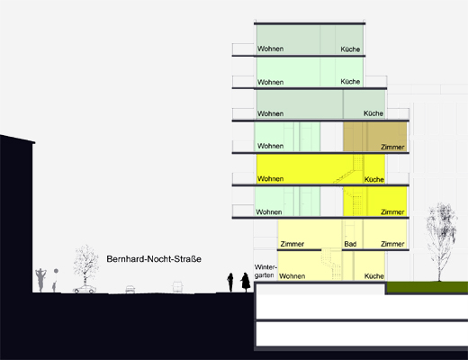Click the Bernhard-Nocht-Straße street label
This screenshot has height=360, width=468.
click(154, 259)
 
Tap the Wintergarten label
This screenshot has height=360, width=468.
click(265, 271)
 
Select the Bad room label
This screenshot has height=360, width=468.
click(350, 244)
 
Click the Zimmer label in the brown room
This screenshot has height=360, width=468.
click(392, 147)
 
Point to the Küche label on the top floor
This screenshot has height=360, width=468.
click(350, 49)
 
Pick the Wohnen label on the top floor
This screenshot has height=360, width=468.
click(270, 49)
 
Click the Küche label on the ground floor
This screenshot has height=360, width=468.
click(374, 276)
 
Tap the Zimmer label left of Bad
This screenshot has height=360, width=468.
click(292, 244)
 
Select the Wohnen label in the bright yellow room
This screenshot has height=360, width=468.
click(270, 179)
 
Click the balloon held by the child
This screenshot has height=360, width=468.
click(56, 271)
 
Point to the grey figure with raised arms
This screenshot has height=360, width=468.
click(40, 280)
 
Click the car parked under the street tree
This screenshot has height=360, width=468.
click(85, 289)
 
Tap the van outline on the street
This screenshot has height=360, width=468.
click(177, 287)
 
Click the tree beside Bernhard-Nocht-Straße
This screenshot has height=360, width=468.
click(85, 264)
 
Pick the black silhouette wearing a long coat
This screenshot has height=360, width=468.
click(246, 283)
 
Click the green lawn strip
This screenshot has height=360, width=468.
click(427, 287)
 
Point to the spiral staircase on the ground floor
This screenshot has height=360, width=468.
click(331, 265)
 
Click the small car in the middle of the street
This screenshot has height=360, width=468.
click(130, 289)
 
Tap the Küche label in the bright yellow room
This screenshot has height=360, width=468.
click(374, 179)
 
